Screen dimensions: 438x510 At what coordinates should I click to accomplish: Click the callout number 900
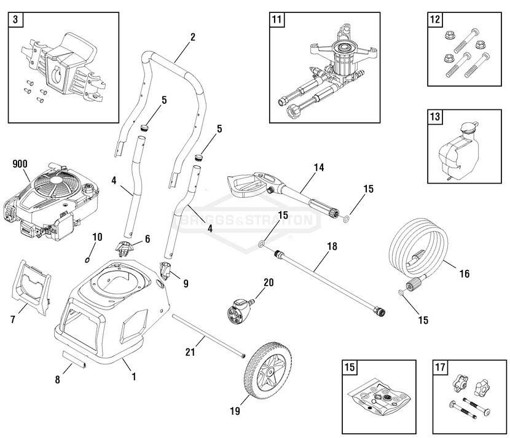pos(21,164)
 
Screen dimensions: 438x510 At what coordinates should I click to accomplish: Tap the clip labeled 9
pos(165,270)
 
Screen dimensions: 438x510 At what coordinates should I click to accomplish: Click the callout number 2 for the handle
pos(192,37)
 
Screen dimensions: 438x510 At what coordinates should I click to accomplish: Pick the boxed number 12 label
pos(435,20)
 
